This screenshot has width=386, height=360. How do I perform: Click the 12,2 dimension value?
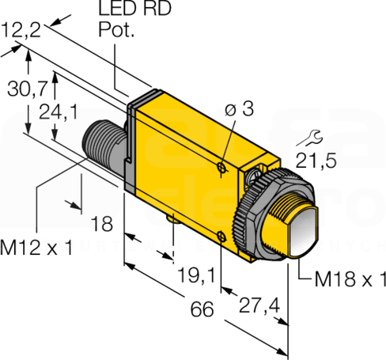(x=21, y=30)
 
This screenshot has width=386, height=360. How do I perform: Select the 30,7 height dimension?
(x=28, y=89)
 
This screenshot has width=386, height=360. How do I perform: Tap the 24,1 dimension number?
(x=59, y=112)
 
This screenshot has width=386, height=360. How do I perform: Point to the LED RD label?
(x=134, y=8)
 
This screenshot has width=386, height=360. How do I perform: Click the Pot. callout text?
(x=116, y=29)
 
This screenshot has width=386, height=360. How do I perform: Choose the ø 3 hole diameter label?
(x=239, y=108)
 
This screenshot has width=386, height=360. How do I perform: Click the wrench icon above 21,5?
(x=309, y=138)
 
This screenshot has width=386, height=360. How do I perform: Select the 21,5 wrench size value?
(x=316, y=161)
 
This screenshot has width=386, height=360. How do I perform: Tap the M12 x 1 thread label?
(x=36, y=248)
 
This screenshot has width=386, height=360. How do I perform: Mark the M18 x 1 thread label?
(x=350, y=279)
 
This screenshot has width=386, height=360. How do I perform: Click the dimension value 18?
(x=102, y=224)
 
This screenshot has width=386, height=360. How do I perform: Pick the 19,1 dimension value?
(x=196, y=275)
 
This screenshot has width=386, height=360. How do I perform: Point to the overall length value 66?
(x=202, y=309)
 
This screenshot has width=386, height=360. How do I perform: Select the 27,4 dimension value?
(x=259, y=306)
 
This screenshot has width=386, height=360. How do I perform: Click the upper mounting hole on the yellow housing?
(x=221, y=167)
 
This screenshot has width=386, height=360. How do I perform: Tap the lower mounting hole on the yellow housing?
(x=221, y=237)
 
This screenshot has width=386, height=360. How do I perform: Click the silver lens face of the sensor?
(x=304, y=232)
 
